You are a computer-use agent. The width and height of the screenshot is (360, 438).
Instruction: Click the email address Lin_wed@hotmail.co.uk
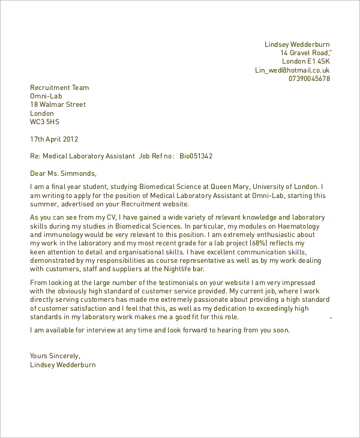(292, 70)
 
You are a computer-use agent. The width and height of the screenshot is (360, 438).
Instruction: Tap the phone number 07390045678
(309, 79)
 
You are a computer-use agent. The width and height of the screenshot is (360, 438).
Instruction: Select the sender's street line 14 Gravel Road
(305, 53)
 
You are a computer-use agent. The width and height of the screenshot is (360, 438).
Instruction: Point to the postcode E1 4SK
(319, 61)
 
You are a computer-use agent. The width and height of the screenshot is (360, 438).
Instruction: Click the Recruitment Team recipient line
(59, 88)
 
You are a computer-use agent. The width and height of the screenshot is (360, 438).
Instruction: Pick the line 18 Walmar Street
(58, 104)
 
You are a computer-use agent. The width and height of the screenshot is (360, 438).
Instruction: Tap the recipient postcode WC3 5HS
(45, 122)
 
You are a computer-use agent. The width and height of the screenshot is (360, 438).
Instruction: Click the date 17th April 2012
(54, 139)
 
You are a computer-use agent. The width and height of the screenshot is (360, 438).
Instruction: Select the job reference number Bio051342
(196, 156)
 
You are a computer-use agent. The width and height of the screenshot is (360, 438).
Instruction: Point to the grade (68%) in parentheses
(269, 243)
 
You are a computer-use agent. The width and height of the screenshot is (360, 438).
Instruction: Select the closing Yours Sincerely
(55, 356)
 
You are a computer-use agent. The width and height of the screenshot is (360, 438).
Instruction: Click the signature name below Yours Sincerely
(62, 364)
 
